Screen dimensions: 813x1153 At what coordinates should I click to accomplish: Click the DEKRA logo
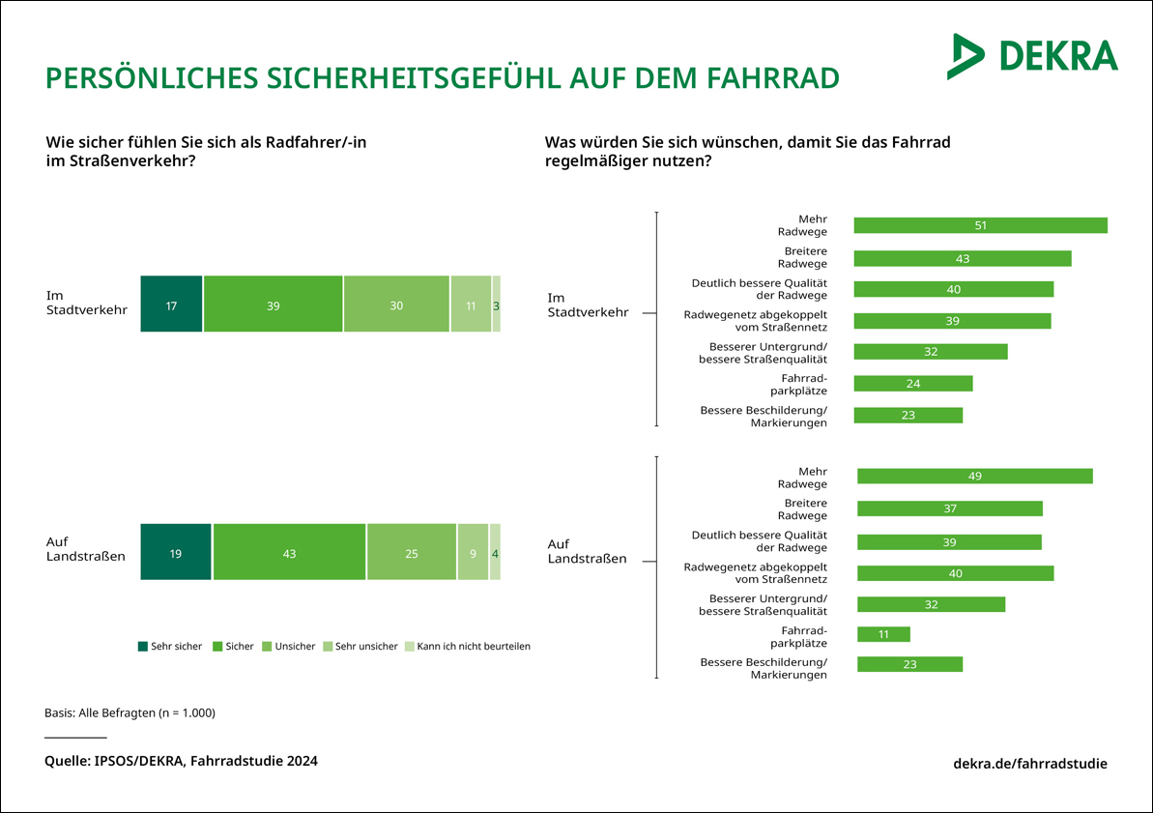pyautogui.click(x=1032, y=56)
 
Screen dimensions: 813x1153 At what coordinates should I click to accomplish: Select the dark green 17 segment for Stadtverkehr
pyautogui.click(x=171, y=305)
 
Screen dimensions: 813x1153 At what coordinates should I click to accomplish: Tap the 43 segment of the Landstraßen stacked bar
pyautogui.click(x=289, y=552)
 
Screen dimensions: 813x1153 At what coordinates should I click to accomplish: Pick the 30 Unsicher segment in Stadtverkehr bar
pyautogui.click(x=396, y=305)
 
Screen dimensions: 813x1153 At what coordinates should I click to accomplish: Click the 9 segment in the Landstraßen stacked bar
pyautogui.click(x=473, y=552)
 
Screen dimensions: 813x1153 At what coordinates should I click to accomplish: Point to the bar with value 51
pyautogui.click(x=980, y=225)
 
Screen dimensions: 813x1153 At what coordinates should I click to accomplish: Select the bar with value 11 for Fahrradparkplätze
pyautogui.click(x=883, y=634)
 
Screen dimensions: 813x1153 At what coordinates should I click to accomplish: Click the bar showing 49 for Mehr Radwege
pyautogui.click(x=974, y=476)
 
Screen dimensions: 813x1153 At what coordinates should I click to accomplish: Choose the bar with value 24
pyautogui.click(x=912, y=384)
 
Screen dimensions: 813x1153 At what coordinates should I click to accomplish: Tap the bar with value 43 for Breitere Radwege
pyautogui.click(x=962, y=258)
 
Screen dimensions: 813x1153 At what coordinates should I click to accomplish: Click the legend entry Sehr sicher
pyautogui.click(x=170, y=646)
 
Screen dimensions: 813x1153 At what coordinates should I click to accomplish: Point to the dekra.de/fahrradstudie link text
pyautogui.click(x=1030, y=763)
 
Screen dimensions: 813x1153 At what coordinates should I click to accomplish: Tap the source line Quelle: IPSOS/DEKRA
pyautogui.click(x=181, y=761)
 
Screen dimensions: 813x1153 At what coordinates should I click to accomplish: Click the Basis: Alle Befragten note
pyautogui.click(x=130, y=712)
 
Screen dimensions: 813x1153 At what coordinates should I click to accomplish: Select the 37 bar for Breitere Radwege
pyautogui.click(x=949, y=508)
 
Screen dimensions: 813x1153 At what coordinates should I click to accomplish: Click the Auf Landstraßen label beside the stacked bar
pyautogui.click(x=85, y=549)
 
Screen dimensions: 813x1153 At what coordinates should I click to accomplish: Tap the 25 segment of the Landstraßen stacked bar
pyautogui.click(x=411, y=552)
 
